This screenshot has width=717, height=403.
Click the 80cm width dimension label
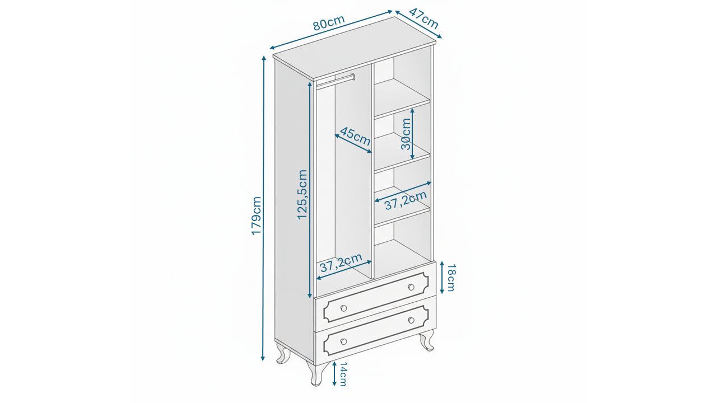(329, 22)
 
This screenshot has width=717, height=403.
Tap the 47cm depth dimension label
(423, 19)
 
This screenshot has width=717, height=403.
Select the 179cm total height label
(257, 215)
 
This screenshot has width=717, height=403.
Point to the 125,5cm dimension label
(302, 194)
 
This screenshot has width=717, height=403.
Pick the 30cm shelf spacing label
(406, 134)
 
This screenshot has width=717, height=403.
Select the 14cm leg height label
(343, 373)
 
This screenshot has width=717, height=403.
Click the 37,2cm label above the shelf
(406, 200)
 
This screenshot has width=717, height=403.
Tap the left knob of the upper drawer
(343, 308)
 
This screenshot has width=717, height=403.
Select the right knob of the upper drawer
(411, 287)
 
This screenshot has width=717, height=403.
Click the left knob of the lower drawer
(343, 341)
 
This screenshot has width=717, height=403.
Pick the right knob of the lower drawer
(411, 320)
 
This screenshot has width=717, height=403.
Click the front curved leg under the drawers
(316, 373)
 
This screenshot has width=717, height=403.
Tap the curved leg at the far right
(427, 340)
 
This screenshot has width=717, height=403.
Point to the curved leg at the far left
(282, 353)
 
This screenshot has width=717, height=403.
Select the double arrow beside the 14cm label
(334, 373)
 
